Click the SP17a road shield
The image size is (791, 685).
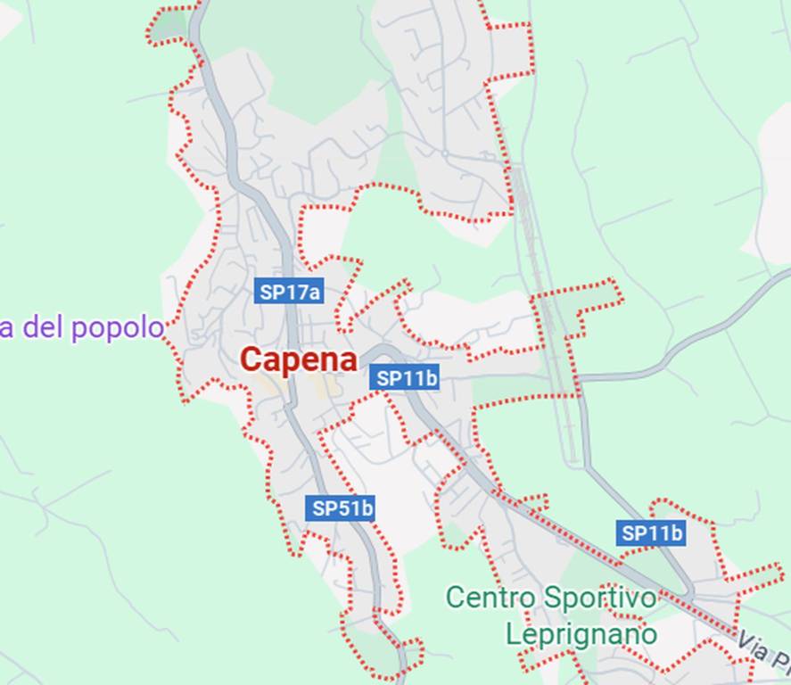pyautogui.click(x=289, y=292)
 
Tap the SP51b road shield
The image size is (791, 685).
pyautogui.click(x=342, y=508)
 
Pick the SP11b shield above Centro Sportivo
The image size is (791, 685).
pyautogui.click(x=652, y=533)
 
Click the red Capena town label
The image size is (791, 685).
pyautogui.click(x=299, y=359)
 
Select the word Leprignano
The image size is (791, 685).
pyautogui.click(x=581, y=634)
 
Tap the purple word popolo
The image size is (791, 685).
pyautogui.click(x=118, y=328)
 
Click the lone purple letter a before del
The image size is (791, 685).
pyautogui.click(x=6, y=328)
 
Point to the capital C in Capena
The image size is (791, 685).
pyautogui.click(x=252, y=359)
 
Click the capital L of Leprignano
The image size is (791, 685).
pyautogui.click(x=513, y=634)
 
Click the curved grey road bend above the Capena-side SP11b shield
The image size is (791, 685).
pyautogui.click(x=380, y=351)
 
